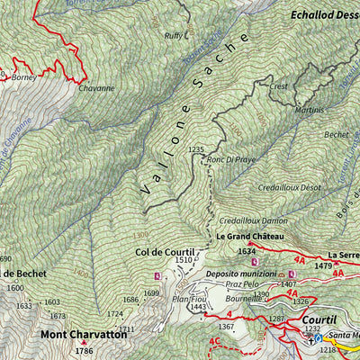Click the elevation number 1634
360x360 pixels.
pos(247,252)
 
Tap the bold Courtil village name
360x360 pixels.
pos(319,319)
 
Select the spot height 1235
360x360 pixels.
pos(197,149)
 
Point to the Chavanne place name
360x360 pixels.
pos(96,88)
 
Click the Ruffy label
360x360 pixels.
pos(173,36)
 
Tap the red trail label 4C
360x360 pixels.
pos(213,342)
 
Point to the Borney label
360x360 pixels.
pos(24,77)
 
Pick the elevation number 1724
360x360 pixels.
pos(114,314)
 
